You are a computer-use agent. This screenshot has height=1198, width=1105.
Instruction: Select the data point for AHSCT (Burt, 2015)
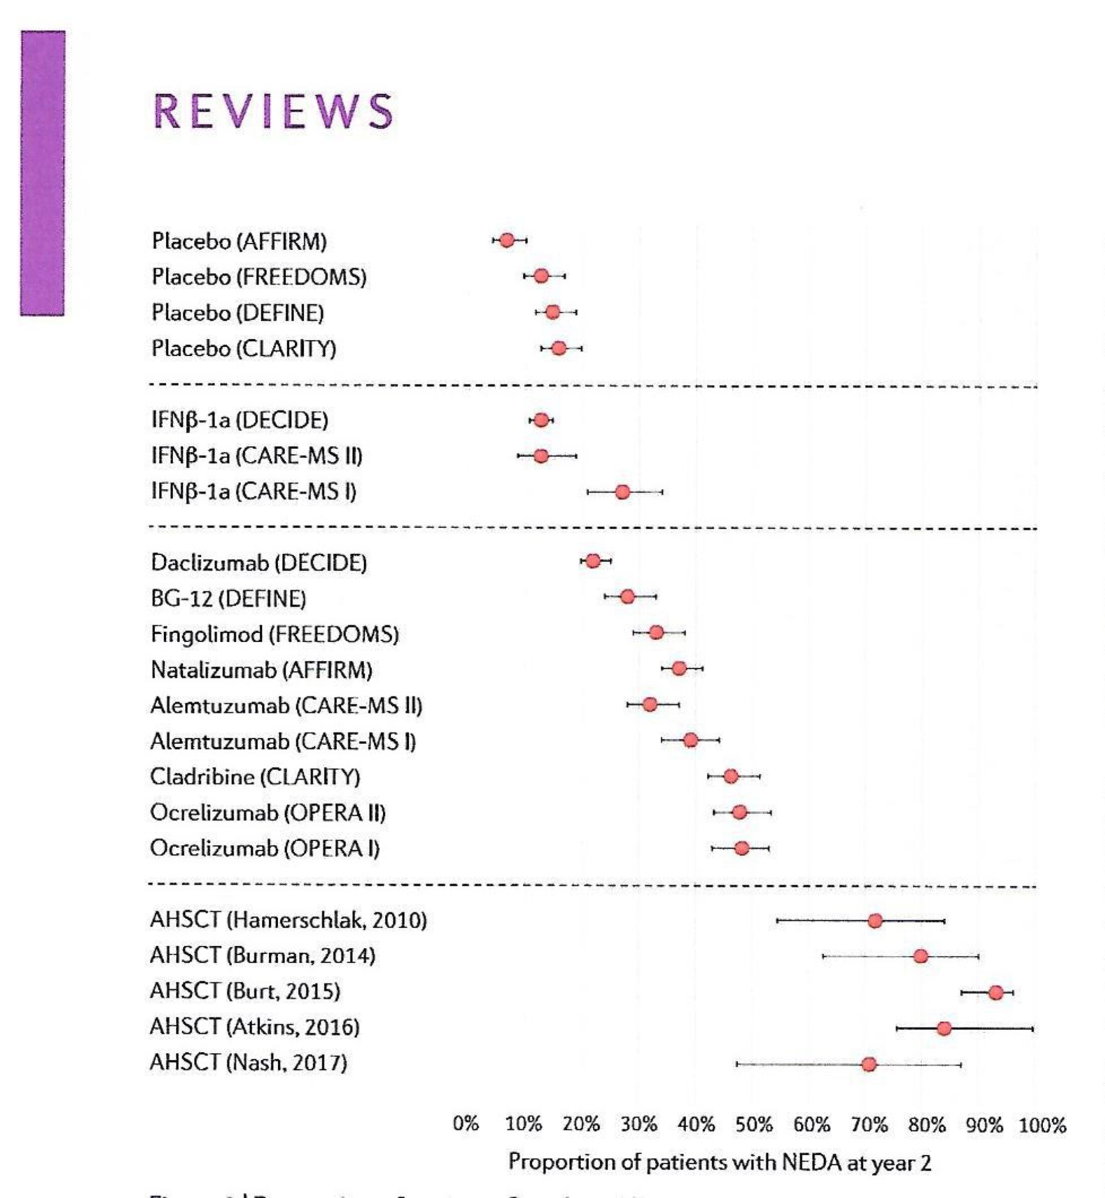click(x=996, y=993)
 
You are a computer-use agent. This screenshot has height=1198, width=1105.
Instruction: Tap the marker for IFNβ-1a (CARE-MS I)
click(x=622, y=492)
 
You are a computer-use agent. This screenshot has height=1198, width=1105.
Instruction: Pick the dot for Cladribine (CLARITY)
click(x=731, y=776)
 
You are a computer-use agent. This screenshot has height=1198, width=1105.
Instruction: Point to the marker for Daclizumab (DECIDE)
click(x=593, y=561)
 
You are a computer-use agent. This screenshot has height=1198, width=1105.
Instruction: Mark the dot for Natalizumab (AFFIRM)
click(x=679, y=669)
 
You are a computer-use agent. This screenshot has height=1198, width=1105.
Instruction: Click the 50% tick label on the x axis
click(x=753, y=1126)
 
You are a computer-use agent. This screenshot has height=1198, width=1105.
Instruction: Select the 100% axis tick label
click(x=1042, y=1126)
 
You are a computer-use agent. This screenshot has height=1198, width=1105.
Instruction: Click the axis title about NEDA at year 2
click(x=719, y=1163)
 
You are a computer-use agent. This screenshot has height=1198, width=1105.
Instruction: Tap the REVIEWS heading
click(x=273, y=112)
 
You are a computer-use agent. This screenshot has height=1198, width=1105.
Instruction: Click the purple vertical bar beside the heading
click(x=43, y=173)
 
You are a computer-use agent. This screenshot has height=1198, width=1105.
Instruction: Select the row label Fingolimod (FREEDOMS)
click(x=274, y=634)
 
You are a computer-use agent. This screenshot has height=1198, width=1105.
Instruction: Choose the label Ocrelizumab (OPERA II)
click(x=268, y=813)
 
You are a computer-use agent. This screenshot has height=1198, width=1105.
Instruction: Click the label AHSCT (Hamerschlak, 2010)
click(x=288, y=920)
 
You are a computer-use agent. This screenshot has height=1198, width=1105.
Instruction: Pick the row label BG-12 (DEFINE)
click(x=229, y=598)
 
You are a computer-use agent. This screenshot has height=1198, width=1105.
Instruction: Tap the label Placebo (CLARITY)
click(x=244, y=348)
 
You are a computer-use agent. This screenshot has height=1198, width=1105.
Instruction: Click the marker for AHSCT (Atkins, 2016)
click(x=944, y=1029)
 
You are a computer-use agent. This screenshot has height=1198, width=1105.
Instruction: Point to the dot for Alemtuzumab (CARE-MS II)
click(x=650, y=705)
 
